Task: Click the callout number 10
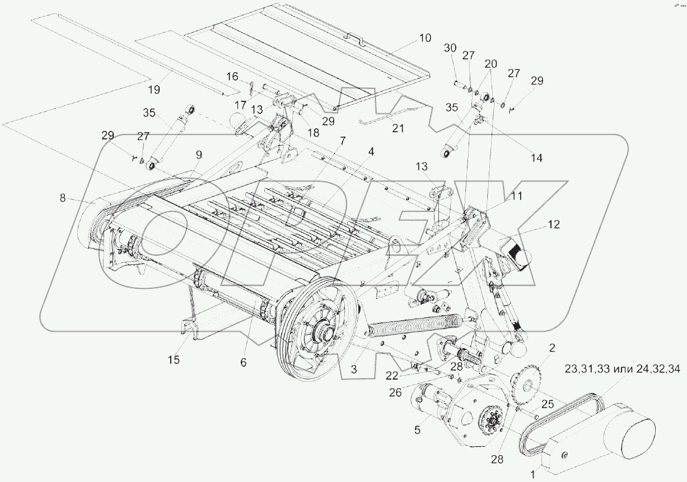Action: [424, 38]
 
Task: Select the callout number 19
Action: [154, 88]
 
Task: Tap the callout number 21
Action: [398, 128]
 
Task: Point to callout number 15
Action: [174, 359]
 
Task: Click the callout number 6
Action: [243, 362]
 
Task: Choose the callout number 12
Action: [553, 224]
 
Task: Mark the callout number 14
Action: [536, 158]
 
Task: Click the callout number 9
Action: [198, 154]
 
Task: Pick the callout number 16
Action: [232, 76]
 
